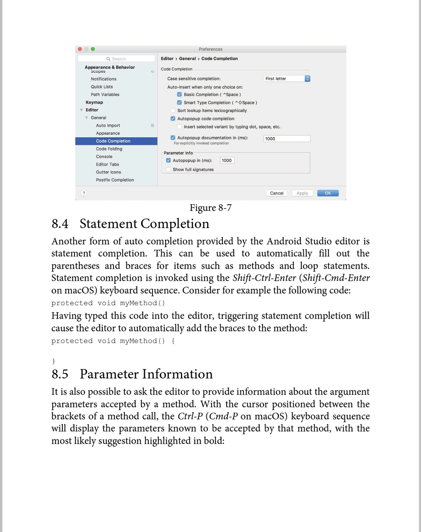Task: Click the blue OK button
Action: click(x=328, y=193)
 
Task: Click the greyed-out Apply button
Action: click(x=302, y=193)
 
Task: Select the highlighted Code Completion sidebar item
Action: click(x=113, y=141)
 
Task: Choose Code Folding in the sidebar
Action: click(x=109, y=149)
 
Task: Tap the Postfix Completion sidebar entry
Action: click(x=115, y=180)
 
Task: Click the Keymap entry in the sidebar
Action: click(x=94, y=102)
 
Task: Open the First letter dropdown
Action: click(x=287, y=79)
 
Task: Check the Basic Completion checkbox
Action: click(x=180, y=95)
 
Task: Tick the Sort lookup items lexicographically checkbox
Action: click(x=173, y=111)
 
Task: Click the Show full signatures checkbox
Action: click(x=168, y=170)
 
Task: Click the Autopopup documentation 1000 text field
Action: click(x=287, y=139)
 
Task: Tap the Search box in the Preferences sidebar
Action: click(x=116, y=59)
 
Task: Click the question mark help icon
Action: click(x=84, y=193)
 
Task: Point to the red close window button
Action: click(x=80, y=49)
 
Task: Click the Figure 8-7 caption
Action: click(x=210, y=208)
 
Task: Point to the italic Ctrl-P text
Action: click(x=190, y=416)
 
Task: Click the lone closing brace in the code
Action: click(x=53, y=361)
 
